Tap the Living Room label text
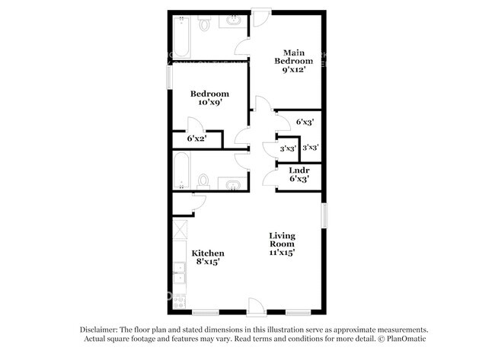282,244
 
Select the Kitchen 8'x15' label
207,257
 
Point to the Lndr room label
299,175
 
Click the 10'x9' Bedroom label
209,100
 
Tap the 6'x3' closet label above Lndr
305,122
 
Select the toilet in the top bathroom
204,24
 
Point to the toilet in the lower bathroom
203,181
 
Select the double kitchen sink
180,272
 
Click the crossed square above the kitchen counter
180,228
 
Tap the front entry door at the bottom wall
257,307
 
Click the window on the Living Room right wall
324,215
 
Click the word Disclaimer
101,330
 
